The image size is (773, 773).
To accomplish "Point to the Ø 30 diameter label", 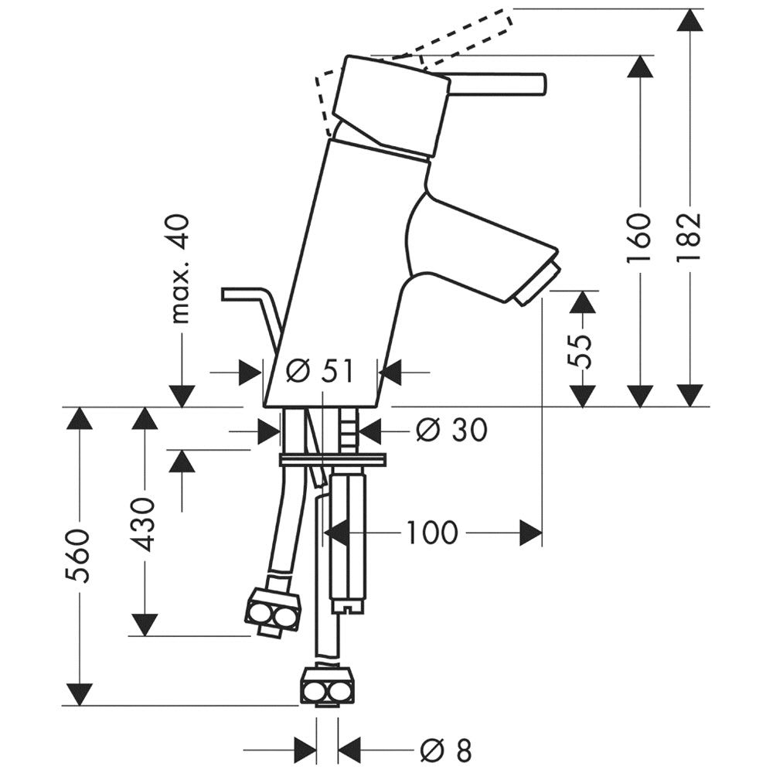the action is tap(451, 430).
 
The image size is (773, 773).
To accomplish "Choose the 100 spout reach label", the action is tap(432, 533).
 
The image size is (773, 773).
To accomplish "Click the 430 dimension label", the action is tap(145, 524).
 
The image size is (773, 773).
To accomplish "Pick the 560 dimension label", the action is tap(79, 556).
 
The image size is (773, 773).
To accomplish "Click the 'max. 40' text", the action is tap(180, 269).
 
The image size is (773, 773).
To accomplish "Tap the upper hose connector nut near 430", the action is tap(272, 608).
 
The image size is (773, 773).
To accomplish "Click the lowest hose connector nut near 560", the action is tap(327, 686).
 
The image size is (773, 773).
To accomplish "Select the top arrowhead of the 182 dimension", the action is tap(690, 21).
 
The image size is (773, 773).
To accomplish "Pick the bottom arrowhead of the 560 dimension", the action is tap(79, 694).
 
